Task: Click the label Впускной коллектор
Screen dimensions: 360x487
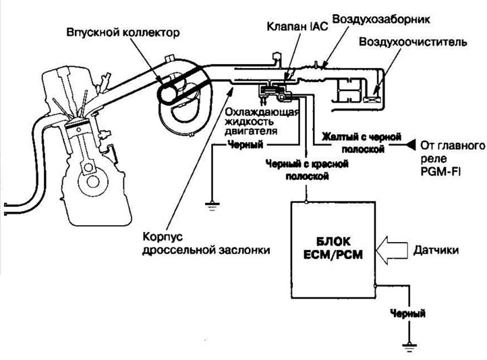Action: click(x=123, y=32)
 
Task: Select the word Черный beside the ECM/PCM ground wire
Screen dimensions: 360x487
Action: click(x=408, y=314)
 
